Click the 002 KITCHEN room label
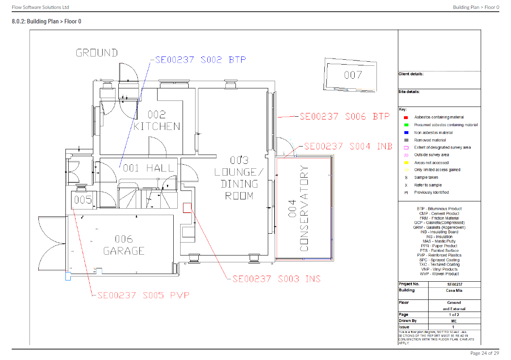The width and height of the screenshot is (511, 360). coord(157,121)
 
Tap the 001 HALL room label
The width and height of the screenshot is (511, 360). coord(149,168)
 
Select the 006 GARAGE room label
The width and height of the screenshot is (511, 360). coord(124,245)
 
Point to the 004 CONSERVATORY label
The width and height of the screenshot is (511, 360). coord(299,208)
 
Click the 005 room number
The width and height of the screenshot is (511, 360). coord(83,200)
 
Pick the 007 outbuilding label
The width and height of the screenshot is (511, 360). coord(353,75)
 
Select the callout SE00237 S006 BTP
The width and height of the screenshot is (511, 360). coord(345,117)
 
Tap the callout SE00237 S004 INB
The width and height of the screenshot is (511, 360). coord(348,147)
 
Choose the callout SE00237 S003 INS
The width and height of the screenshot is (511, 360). coord(276,279)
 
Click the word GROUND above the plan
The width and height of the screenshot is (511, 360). coord(97,53)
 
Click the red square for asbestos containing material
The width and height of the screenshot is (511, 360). coord(406,117)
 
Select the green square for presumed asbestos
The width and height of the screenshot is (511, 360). coord(406,125)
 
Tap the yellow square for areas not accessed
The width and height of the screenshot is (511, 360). coord(406,163)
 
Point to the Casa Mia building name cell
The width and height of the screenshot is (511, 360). coord(454,291)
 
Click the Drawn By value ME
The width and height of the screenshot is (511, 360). coord(454,321)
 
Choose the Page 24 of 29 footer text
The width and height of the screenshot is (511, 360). coord(484,353)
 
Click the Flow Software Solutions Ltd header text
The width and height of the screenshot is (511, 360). coord(40,7)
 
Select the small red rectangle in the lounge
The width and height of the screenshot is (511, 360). coord(187,207)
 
